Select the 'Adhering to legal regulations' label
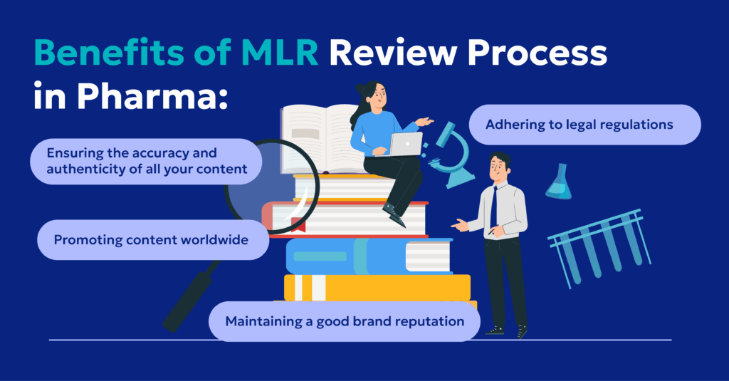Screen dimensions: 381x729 click(579, 125)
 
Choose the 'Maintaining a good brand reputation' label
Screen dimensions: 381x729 click(345, 321)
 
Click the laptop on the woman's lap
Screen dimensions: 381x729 click(406, 145)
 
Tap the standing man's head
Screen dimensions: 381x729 click(499, 168)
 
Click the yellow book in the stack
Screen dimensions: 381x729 click(377, 286)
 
